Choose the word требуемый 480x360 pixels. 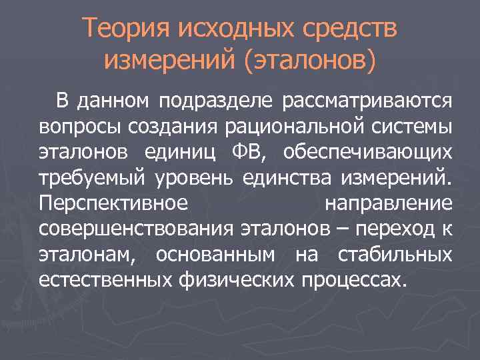tap(94, 177)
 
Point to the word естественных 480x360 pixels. tap(106, 278)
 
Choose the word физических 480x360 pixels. tap(236, 278)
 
